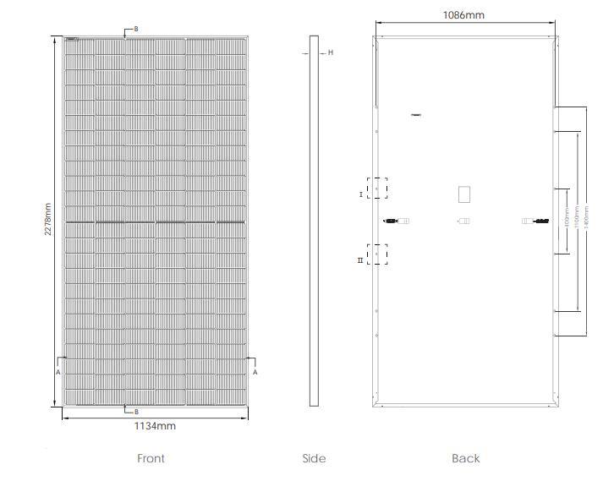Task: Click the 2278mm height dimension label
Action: pyautogui.click(x=49, y=221)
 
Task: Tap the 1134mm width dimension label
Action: pyautogui.click(x=156, y=426)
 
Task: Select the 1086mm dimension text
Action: pyautogui.click(x=463, y=15)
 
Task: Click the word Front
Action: pyautogui.click(x=151, y=458)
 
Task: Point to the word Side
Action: pyautogui.click(x=314, y=458)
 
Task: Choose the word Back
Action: pyautogui.click(x=465, y=458)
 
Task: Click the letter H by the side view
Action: pyautogui.click(x=331, y=52)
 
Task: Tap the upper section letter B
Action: pyautogui.click(x=135, y=29)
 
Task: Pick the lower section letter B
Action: pyautogui.click(x=135, y=412)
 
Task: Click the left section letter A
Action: pyautogui.click(x=58, y=372)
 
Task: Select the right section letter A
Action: pyautogui.click(x=255, y=372)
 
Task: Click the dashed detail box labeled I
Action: pyautogui.click(x=377, y=188)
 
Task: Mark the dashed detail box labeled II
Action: pyautogui.click(x=377, y=254)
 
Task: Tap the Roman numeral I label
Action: pyautogui.click(x=361, y=194)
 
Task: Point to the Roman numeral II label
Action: pyautogui.click(x=360, y=260)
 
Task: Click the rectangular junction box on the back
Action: pyautogui.click(x=463, y=194)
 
